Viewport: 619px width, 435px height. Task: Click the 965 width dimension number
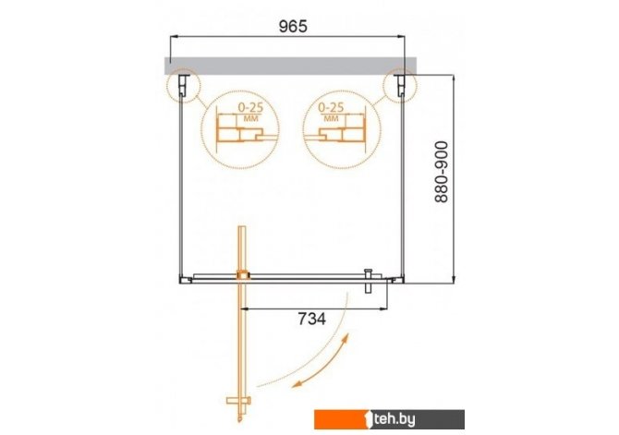pyautogui.click(x=293, y=27)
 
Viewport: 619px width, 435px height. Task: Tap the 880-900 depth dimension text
pyautogui.click(x=442, y=172)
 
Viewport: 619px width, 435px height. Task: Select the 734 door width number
pyautogui.click(x=312, y=319)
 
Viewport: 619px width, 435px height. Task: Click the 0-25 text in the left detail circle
pyautogui.click(x=250, y=107)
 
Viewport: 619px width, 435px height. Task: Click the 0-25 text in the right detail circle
pyautogui.click(x=331, y=107)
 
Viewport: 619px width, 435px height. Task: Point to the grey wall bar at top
pyautogui.click(x=290, y=66)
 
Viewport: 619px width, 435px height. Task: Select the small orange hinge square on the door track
pyautogui.click(x=243, y=274)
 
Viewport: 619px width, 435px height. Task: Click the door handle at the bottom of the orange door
pyautogui.click(x=238, y=401)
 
